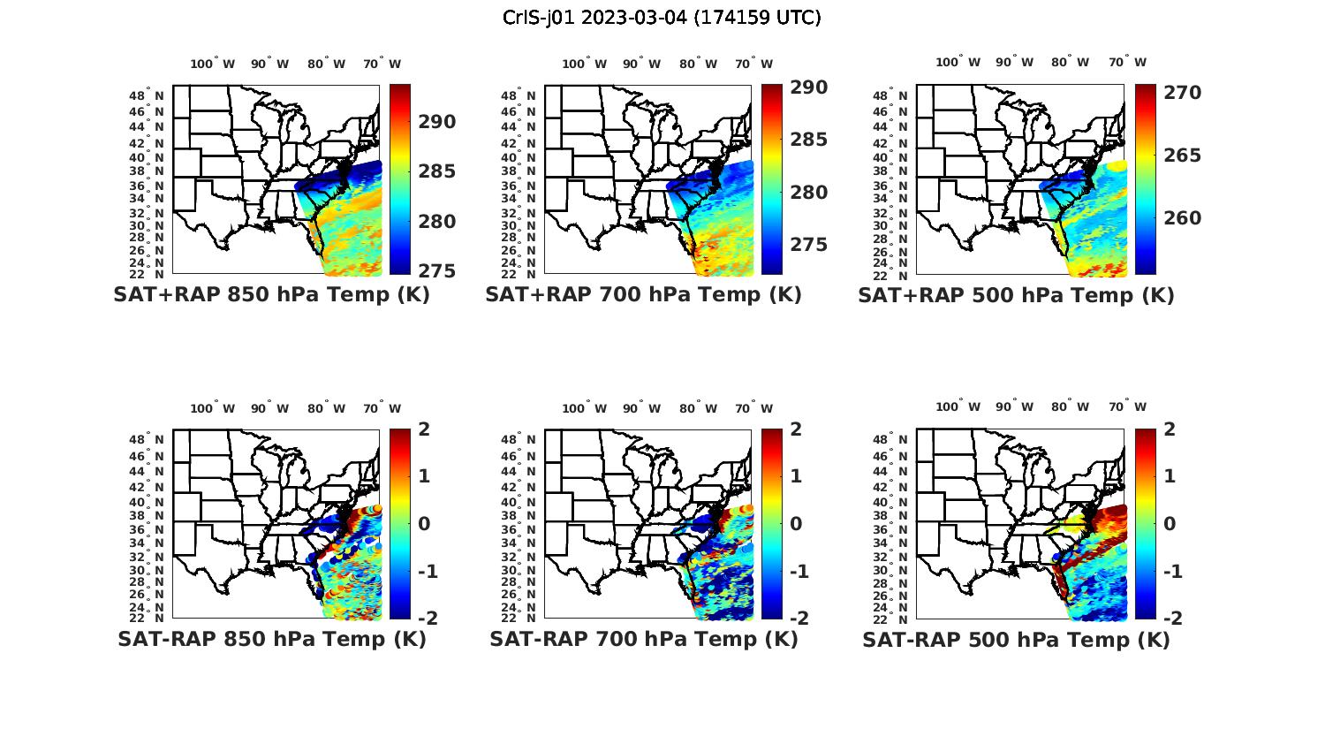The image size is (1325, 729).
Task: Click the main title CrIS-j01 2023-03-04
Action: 662,17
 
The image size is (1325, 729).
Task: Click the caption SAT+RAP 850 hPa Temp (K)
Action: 271,295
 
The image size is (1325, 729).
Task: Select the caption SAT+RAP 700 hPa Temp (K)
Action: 643,295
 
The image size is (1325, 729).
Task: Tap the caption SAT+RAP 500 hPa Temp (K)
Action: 1016,296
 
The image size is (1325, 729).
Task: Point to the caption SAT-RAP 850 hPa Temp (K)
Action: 271,639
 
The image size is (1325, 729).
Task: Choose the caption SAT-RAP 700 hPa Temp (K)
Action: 643,639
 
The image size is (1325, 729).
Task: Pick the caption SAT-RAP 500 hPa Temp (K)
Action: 1016,640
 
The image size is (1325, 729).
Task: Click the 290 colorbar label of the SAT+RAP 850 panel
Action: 436,122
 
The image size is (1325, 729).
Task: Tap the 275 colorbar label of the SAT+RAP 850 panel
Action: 436,271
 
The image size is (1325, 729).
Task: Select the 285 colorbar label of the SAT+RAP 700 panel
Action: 808,140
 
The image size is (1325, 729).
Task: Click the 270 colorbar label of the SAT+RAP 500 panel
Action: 1181,93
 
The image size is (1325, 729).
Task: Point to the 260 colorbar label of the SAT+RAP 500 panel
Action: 1181,218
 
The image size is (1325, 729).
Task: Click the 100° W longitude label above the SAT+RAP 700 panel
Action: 584,64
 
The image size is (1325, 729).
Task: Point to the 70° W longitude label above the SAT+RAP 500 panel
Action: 1127,62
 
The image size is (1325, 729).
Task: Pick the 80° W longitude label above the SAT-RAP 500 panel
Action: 1070,407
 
